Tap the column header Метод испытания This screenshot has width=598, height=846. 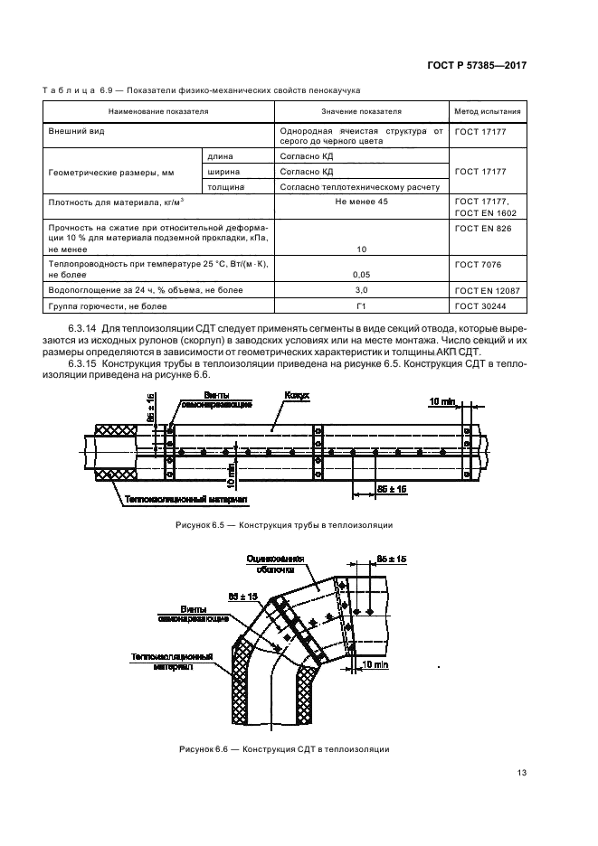(x=487, y=112)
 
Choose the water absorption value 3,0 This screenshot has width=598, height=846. (x=361, y=290)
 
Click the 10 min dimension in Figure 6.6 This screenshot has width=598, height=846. (x=374, y=664)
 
